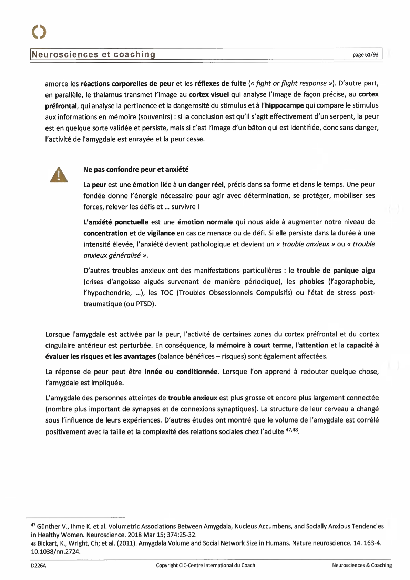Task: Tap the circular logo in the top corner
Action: coord(39,32)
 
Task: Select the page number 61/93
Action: coord(365,55)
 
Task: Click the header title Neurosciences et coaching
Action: coord(93,54)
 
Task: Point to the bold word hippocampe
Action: coord(284,105)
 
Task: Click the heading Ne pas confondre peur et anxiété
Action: coord(136,169)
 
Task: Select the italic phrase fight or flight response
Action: coord(291,83)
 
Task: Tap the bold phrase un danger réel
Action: coord(202,185)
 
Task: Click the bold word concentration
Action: coord(105,233)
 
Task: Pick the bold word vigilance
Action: coord(161,233)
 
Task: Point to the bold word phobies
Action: coord(311,282)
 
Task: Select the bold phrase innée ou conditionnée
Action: coord(181,372)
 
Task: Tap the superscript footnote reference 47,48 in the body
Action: coord(292,430)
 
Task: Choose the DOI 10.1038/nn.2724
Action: coord(55,551)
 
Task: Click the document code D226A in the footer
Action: coord(38,565)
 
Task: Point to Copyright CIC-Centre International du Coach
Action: coord(205,565)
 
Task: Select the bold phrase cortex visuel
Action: coord(209,94)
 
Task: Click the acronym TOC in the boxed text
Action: coord(166,293)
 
